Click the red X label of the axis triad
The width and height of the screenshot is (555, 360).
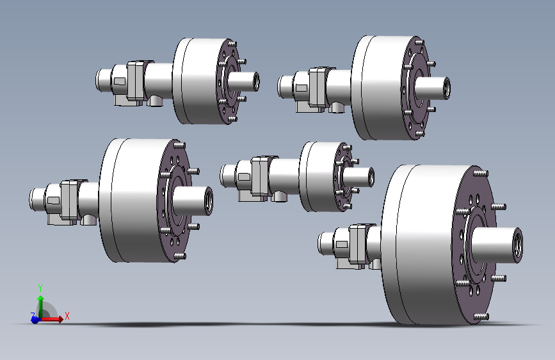pyautogui.click(x=67, y=316)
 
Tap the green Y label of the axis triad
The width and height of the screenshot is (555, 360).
pyautogui.click(x=40, y=288)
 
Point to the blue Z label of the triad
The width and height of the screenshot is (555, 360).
pyautogui.click(x=33, y=315)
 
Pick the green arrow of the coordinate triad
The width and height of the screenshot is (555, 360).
pyautogui.click(x=40, y=306)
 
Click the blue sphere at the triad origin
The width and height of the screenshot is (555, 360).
pyautogui.click(x=35, y=320)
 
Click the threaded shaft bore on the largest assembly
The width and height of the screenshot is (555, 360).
pyautogui.click(x=517, y=245)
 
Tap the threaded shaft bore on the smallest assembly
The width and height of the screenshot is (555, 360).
pyautogui.click(x=371, y=177)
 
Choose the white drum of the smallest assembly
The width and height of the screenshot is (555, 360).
pyautogui.click(x=318, y=176)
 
